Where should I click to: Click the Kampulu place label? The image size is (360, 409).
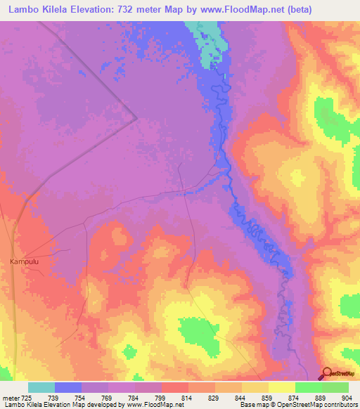pyautogui.click(x=24, y=261)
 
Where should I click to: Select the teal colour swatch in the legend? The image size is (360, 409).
pyautogui.click(x=41, y=387)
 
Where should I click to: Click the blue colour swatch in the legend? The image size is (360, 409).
pyautogui.click(x=68, y=387)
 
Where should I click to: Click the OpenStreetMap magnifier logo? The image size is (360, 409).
pyautogui.click(x=327, y=373)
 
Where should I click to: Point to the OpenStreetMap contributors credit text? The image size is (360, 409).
pyautogui.click(x=320, y=405)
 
